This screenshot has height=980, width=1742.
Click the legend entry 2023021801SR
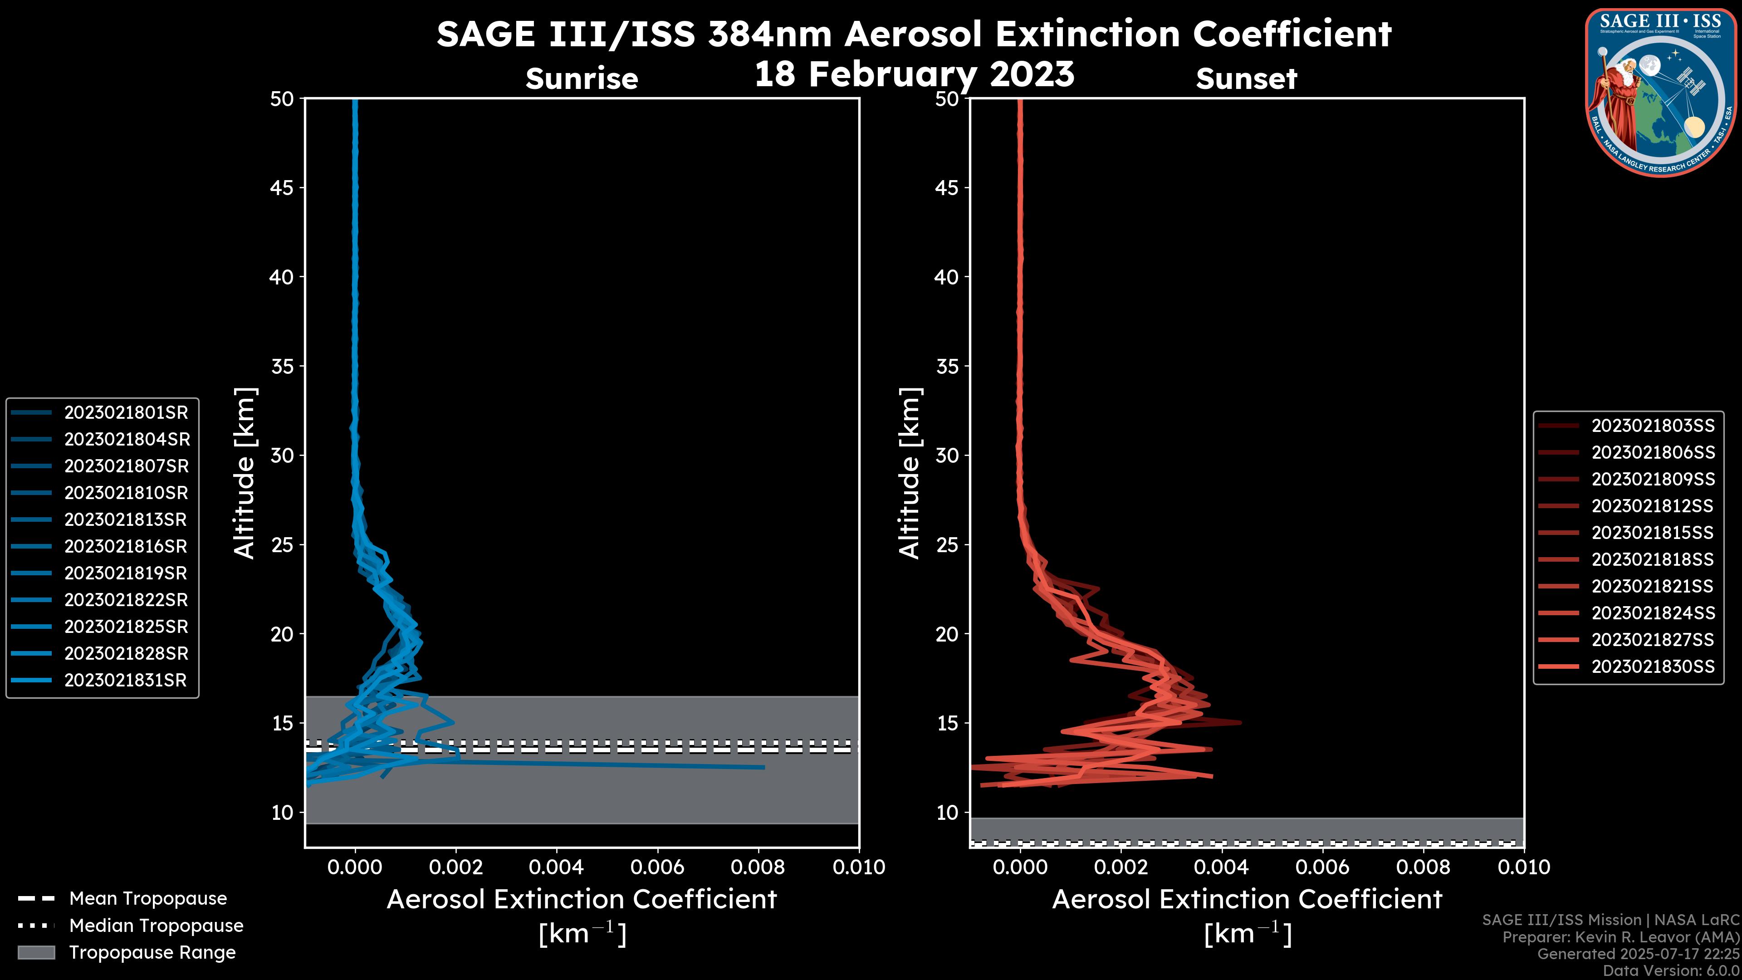tap(126, 412)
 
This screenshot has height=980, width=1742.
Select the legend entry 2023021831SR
tap(125, 681)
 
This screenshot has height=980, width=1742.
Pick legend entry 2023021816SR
tap(125, 546)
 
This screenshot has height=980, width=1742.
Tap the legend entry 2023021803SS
tap(1653, 426)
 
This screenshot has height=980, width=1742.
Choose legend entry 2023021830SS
tap(1653, 667)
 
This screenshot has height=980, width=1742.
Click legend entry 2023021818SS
tap(1653, 560)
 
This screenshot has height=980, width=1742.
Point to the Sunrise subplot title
tap(582, 79)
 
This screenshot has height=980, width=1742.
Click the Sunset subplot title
tap(1246, 79)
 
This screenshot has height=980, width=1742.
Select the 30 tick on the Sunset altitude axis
tap(947, 456)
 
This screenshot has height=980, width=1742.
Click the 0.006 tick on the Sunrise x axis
tap(657, 867)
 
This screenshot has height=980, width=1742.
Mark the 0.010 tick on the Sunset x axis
tap(1524, 867)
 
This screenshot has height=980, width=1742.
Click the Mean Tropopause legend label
tap(148, 899)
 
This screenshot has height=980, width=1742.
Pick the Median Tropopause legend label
tap(156, 926)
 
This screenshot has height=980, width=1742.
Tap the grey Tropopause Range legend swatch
tap(36, 953)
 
